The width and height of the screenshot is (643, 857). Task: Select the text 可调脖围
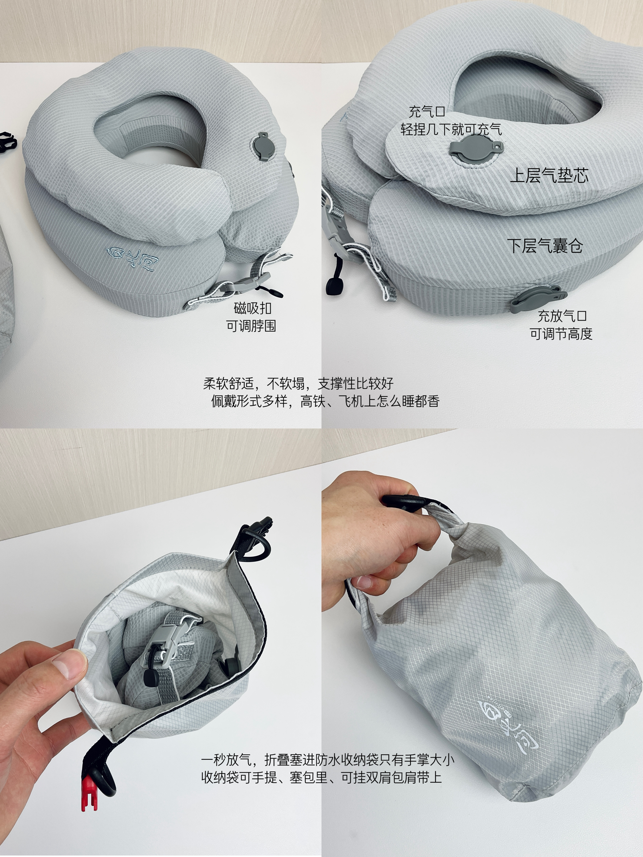(251, 326)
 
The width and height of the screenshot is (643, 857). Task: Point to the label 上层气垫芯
(549, 175)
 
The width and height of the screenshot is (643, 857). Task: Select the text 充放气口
(562, 316)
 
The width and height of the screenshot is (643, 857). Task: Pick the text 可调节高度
(562, 334)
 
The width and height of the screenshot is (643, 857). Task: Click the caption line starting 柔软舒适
(299, 383)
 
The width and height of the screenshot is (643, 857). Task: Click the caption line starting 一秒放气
(328, 760)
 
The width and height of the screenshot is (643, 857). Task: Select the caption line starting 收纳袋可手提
(321, 777)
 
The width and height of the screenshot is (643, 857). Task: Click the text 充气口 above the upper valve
(427, 112)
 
